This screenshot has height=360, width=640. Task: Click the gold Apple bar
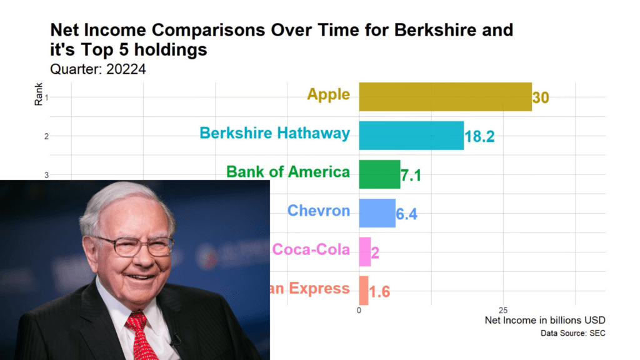coord(445,97)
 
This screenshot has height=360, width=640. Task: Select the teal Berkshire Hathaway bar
coord(411,136)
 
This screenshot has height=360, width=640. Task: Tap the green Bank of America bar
coord(379,174)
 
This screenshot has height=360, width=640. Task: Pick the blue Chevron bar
coord(377,213)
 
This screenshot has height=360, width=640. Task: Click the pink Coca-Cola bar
coord(364,251)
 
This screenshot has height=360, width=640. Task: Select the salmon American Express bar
coord(363,290)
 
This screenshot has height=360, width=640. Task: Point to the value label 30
coord(541,98)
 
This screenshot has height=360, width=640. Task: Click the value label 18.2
coord(479,137)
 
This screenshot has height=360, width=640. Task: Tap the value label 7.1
coord(411,176)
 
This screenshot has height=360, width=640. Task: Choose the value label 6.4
coord(406,214)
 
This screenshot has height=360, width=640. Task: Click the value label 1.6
coord(379,291)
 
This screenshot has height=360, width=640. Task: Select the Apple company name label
coord(328,94)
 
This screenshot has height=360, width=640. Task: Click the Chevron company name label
coord(318,211)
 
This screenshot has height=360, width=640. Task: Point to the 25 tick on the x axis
coord(502,311)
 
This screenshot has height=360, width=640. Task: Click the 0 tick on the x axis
coord(359,311)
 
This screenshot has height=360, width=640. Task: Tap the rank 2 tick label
coord(46,136)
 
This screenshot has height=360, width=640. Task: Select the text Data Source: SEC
coord(572,334)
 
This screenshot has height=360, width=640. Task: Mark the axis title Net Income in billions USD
coord(544,321)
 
